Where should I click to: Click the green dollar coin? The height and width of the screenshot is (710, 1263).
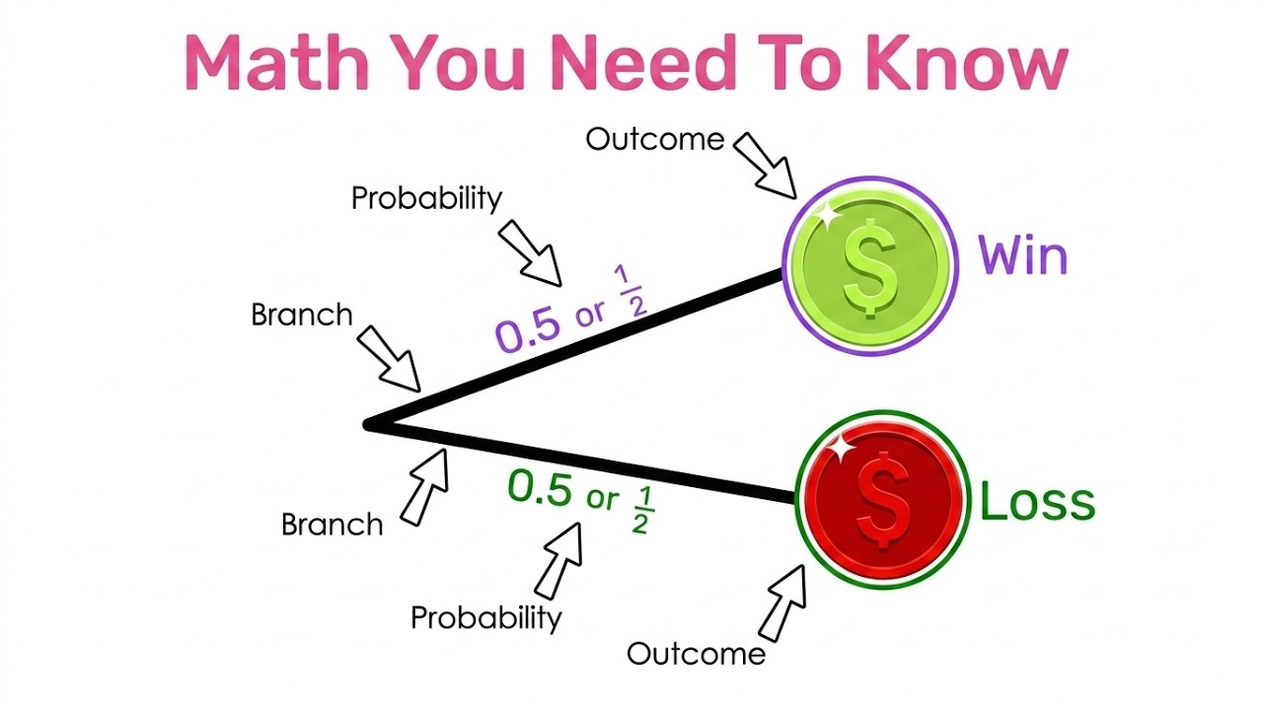click(x=869, y=264)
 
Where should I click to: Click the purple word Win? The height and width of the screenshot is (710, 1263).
click(x=1022, y=256)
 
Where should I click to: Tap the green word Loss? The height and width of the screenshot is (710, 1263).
click(x=1036, y=501)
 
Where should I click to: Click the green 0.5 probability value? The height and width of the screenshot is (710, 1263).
click(x=540, y=488)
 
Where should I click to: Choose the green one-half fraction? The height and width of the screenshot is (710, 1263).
click(x=639, y=510)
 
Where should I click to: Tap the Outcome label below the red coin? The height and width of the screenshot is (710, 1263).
click(x=696, y=653)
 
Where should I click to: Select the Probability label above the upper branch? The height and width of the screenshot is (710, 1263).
click(x=426, y=198)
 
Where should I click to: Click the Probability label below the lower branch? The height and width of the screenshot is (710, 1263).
click(x=485, y=618)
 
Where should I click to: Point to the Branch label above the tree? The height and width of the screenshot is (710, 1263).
click(x=301, y=315)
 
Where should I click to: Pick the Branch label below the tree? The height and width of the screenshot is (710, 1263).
click(x=332, y=524)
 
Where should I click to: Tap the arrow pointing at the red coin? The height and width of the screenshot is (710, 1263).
click(x=782, y=602)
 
